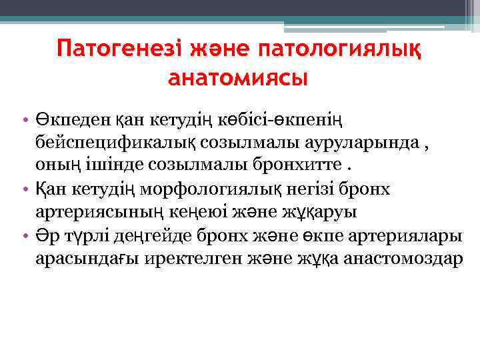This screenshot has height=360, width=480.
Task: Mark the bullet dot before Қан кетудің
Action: click(23, 190)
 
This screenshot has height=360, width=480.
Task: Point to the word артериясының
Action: click(92, 213)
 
